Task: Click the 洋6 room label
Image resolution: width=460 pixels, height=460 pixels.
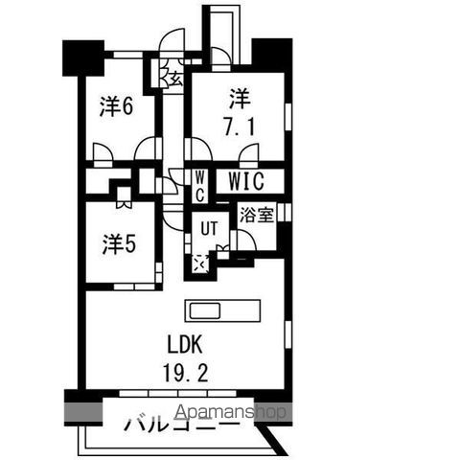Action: pos(116,106)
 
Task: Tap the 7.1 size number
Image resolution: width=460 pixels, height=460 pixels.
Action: pos(240,126)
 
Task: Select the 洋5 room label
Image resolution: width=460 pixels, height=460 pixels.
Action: pos(119,244)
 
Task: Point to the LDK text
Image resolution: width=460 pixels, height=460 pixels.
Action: pos(185,344)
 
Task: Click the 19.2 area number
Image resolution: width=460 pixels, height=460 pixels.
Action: pos(186,373)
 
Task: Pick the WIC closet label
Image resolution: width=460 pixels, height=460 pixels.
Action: pos(246,181)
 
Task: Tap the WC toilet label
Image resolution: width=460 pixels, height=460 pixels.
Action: pos(199,186)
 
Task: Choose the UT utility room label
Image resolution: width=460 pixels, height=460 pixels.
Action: pos(209,228)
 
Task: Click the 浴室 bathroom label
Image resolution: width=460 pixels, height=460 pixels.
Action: pos(257,215)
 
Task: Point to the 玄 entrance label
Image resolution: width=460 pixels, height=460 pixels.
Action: pos(176,79)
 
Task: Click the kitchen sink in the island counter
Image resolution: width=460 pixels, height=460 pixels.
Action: pos(205,310)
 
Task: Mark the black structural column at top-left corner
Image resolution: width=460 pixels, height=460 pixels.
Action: pos(83,58)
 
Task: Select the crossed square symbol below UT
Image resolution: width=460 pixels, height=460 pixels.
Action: pos(201,264)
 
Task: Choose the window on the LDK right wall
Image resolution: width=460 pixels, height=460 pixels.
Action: pos(287,334)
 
